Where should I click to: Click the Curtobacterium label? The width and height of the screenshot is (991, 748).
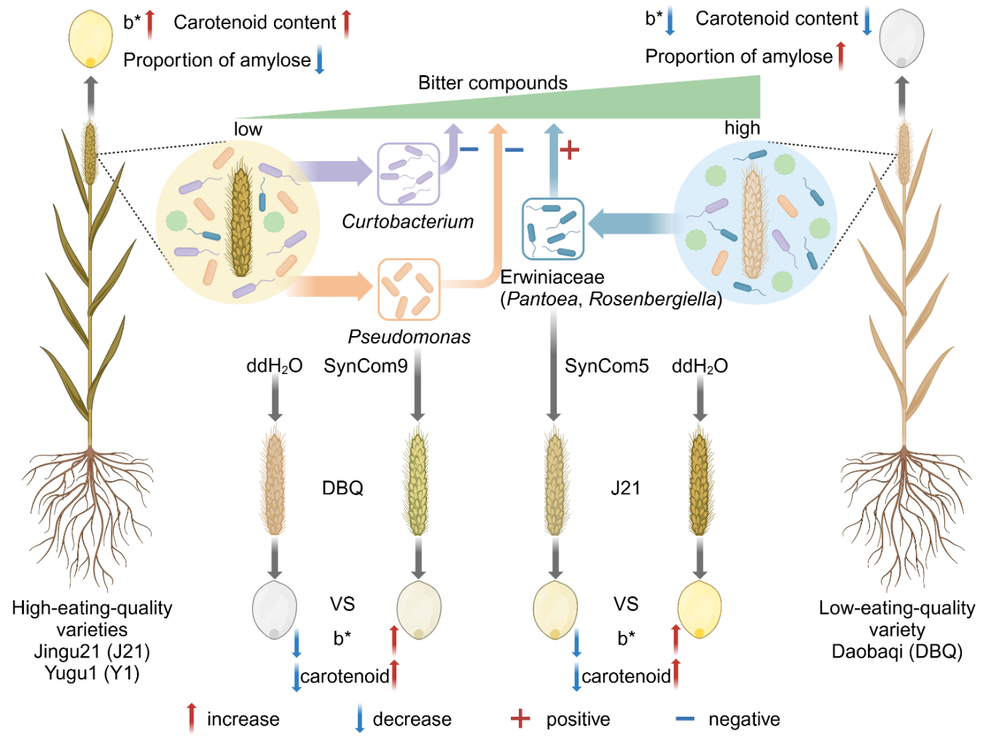point(407,221)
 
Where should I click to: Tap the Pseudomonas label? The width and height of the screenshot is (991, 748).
point(409,337)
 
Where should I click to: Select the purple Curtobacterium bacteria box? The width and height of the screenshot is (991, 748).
point(408,174)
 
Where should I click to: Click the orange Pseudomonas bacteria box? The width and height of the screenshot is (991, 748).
point(409,289)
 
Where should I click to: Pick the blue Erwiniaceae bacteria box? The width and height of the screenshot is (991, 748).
point(553,229)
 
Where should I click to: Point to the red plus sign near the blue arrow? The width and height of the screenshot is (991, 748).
point(570,150)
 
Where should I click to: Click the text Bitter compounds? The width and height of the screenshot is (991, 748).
point(493,83)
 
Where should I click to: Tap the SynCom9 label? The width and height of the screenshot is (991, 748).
point(365,366)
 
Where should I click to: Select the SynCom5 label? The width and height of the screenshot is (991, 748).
point(606,366)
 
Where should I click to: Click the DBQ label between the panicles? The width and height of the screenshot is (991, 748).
point(342,488)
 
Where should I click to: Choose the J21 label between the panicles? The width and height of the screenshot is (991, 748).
point(625,488)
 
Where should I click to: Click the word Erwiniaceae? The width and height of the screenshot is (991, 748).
point(552,277)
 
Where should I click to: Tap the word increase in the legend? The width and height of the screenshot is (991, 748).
point(243,720)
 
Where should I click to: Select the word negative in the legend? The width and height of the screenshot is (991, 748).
point(744,720)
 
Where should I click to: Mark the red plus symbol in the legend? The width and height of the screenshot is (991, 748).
point(520,720)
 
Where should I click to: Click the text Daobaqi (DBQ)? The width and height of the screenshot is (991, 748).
point(897,651)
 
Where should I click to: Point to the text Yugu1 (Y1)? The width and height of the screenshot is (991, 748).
point(92,673)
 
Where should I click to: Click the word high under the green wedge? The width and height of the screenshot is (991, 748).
point(742,128)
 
